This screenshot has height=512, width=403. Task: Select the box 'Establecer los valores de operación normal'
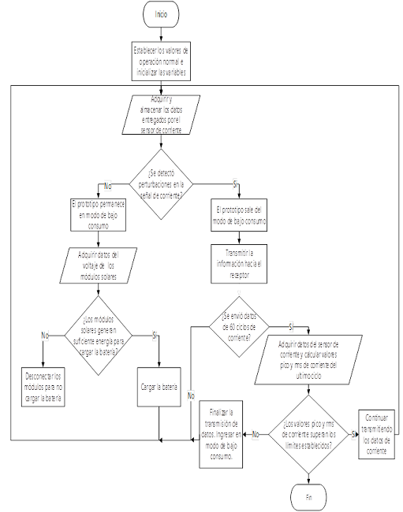pos(162,61)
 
